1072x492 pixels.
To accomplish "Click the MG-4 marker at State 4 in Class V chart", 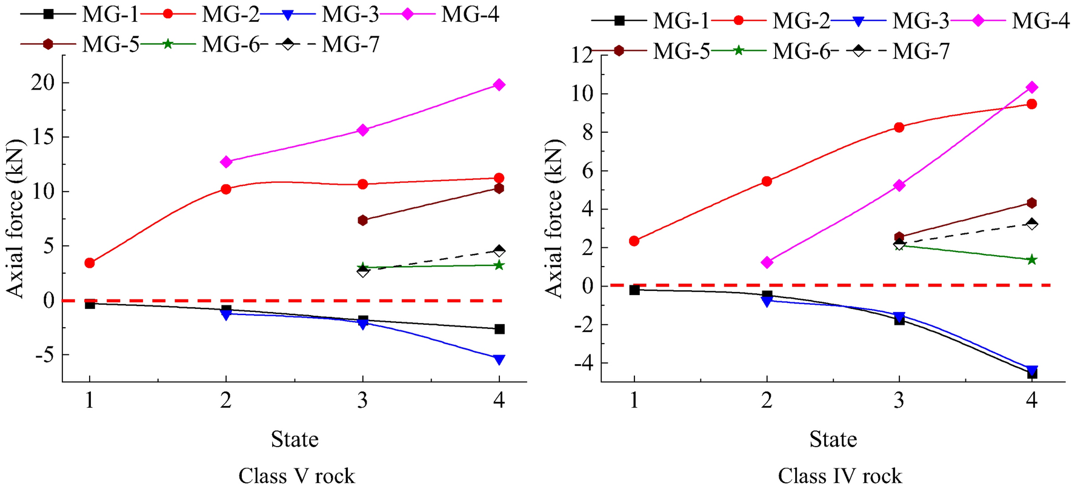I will click(x=499, y=85).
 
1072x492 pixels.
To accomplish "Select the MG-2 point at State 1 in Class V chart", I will click(x=90, y=263).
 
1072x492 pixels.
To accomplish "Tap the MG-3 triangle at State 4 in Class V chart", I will click(x=499, y=359).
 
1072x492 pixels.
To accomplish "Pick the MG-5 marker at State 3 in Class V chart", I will click(x=362, y=220).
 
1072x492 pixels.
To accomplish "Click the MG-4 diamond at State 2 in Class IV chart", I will click(x=767, y=262).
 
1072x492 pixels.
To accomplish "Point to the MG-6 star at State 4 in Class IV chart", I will click(x=1031, y=259).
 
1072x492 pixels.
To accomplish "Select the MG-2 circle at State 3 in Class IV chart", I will click(x=899, y=127).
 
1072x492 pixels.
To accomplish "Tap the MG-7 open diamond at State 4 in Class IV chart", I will click(x=1031, y=224).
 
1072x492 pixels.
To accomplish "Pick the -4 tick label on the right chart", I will click(x=579, y=364).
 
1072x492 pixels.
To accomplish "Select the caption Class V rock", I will click(x=296, y=476).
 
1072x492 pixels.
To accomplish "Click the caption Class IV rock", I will click(x=840, y=476).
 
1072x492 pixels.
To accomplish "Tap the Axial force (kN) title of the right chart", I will click(x=553, y=218).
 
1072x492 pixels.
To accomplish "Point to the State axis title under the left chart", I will click(x=295, y=439).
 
